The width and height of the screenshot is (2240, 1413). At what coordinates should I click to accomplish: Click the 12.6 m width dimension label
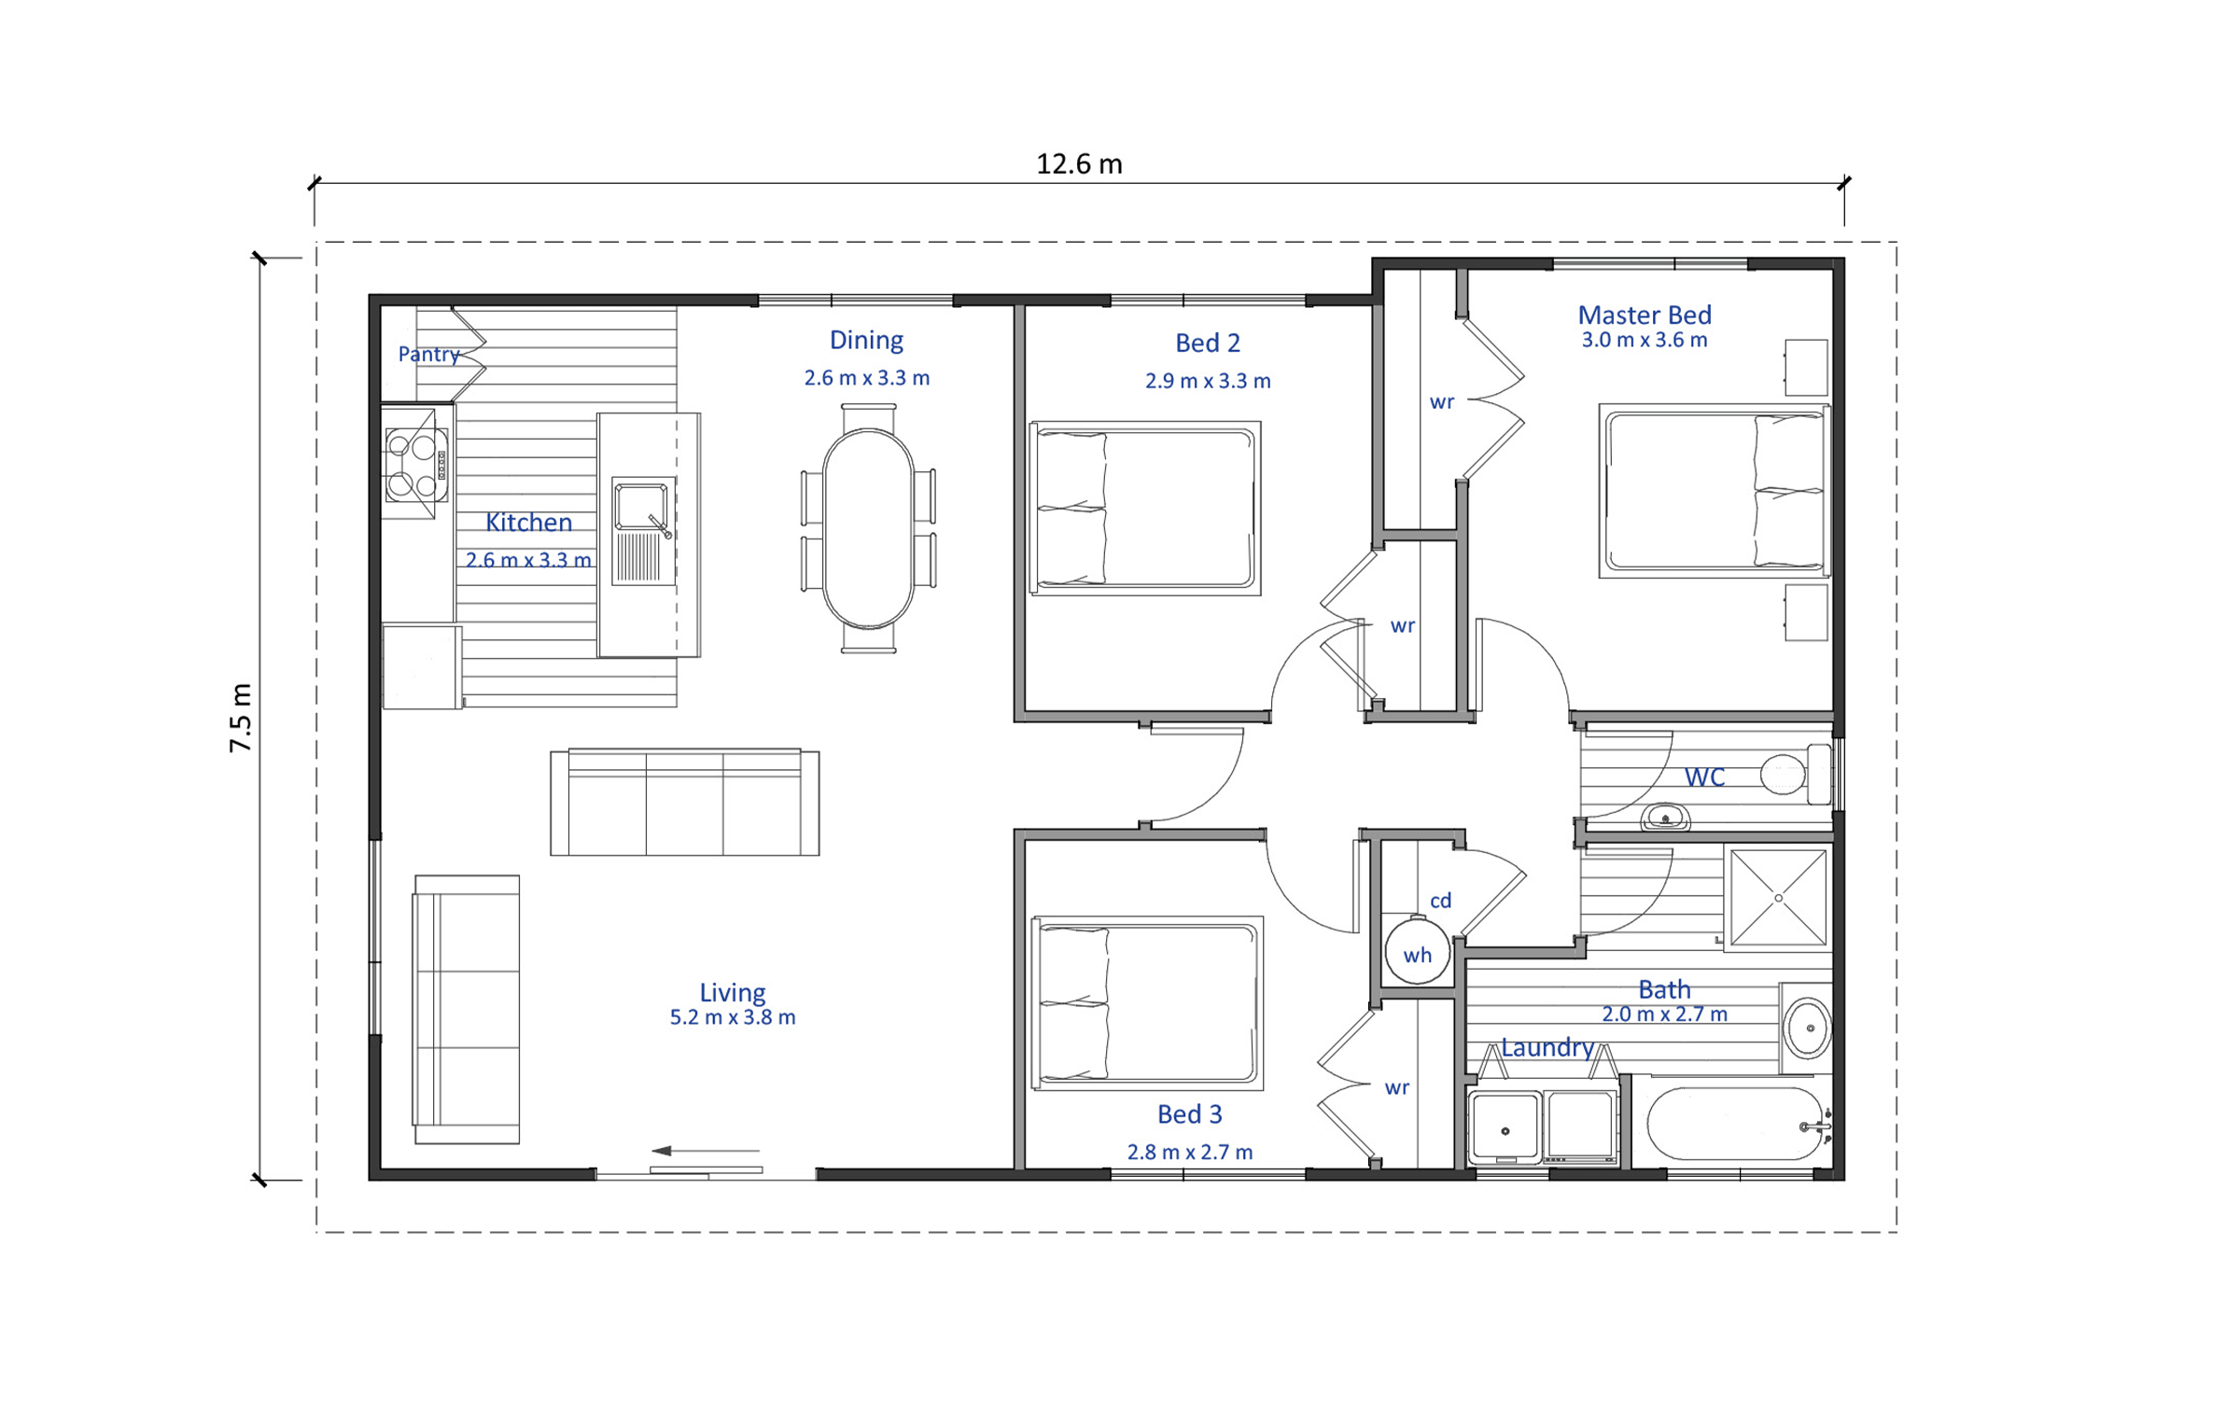coord(1079,164)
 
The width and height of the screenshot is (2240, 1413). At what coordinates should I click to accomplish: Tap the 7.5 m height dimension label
coord(241,717)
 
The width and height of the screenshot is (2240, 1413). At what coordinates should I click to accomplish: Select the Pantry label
coord(428,355)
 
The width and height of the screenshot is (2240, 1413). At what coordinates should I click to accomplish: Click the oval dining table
coord(868,528)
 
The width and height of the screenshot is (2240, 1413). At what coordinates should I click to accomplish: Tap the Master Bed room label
coord(1644,315)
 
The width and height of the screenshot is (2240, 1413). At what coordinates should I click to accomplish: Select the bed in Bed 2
coord(1145,508)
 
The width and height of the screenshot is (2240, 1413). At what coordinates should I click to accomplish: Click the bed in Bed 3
coord(1147,1002)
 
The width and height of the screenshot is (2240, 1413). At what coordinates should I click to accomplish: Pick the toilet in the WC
coord(1796,774)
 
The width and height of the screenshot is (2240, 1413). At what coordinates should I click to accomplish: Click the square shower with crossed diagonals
coord(1778,898)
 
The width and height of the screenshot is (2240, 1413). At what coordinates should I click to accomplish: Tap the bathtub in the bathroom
coord(1734,1124)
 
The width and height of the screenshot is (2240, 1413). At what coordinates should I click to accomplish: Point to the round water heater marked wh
coord(1417,953)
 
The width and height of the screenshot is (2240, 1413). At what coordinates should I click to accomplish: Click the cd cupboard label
coord(1440,901)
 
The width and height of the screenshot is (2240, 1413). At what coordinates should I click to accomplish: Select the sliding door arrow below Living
coord(706,1151)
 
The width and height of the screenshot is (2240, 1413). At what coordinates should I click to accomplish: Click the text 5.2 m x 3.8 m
coord(733,1017)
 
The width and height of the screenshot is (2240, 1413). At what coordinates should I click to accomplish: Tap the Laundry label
coord(1547,1047)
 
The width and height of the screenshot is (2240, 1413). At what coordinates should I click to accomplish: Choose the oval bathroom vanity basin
coord(1808,1028)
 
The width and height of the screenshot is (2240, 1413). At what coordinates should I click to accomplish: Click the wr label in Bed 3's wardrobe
coord(1396,1087)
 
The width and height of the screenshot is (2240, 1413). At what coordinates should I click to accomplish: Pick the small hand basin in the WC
coord(1665,818)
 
